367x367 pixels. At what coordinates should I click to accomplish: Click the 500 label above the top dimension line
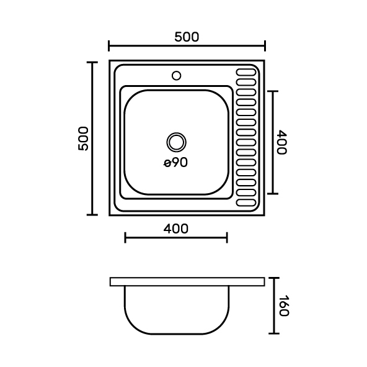click(187, 37)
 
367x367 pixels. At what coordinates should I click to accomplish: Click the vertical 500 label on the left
click(83, 138)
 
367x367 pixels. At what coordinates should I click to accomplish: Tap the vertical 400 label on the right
click(281, 142)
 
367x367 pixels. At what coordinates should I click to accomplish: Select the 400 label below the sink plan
click(176, 229)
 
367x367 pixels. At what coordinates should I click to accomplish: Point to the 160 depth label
click(284, 306)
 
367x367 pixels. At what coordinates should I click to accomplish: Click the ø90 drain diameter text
click(175, 162)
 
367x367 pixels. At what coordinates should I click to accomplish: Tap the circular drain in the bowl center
click(176, 142)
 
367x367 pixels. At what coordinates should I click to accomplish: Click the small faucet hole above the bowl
click(176, 76)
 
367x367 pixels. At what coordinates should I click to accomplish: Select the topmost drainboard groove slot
click(246, 72)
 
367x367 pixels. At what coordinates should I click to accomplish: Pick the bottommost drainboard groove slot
click(246, 202)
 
